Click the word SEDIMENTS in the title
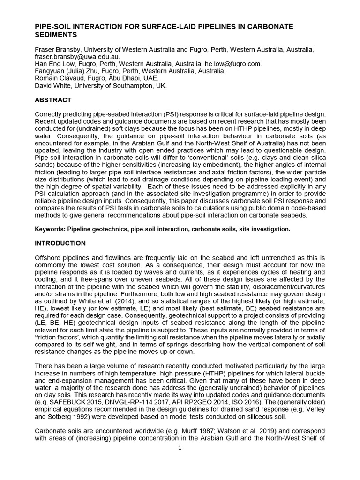(55, 35)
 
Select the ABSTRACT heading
(53, 100)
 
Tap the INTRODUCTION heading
(60, 243)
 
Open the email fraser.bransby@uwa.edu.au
(77, 56)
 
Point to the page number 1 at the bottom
(180, 448)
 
